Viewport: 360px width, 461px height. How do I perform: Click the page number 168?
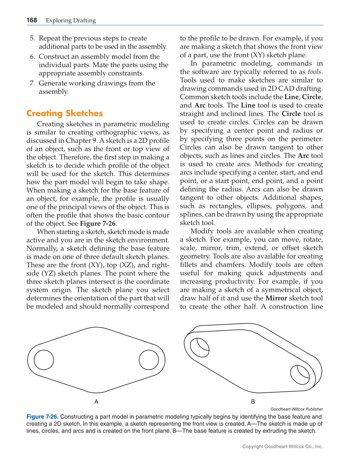[x=32, y=20]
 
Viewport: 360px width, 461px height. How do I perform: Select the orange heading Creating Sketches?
[x=64, y=113]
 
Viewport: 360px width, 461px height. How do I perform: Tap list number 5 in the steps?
[x=32, y=38]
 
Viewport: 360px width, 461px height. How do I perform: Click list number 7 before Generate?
[x=32, y=83]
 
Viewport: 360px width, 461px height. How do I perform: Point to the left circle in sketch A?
[x=44, y=360]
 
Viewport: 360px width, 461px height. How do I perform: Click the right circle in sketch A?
[x=149, y=360]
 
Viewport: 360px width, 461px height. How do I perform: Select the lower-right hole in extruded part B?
[x=300, y=374]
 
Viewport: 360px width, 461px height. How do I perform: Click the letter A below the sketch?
[x=96, y=402]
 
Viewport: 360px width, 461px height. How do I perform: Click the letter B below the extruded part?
[x=253, y=402]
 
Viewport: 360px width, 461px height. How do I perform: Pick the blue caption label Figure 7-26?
[x=42, y=417]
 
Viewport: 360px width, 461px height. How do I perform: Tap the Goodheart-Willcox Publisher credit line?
[x=296, y=409]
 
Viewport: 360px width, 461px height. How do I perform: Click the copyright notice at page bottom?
[x=282, y=446]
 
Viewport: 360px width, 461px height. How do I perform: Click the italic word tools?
[x=315, y=72]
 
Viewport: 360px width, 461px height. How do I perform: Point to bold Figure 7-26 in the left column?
[x=97, y=223]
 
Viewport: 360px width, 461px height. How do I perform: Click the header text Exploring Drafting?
[x=71, y=21]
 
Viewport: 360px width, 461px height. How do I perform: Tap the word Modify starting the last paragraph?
[x=202, y=231]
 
